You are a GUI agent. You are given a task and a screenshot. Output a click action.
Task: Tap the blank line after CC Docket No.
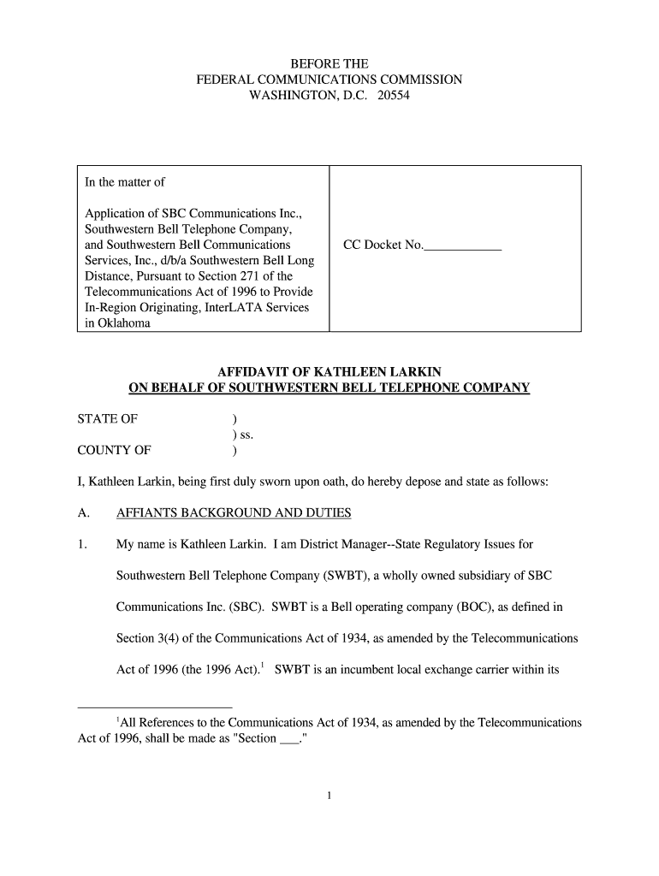[x=463, y=246]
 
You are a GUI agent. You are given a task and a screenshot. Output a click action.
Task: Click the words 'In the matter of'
[x=125, y=182]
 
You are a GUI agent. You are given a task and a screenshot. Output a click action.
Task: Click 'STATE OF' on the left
[x=106, y=419]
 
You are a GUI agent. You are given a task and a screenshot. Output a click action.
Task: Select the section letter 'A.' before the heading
[x=84, y=513]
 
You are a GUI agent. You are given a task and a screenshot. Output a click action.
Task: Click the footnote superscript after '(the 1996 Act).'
[x=263, y=665]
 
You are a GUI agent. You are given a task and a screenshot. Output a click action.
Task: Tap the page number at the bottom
[x=329, y=796]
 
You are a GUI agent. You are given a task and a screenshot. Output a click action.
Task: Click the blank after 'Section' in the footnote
[x=289, y=739]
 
